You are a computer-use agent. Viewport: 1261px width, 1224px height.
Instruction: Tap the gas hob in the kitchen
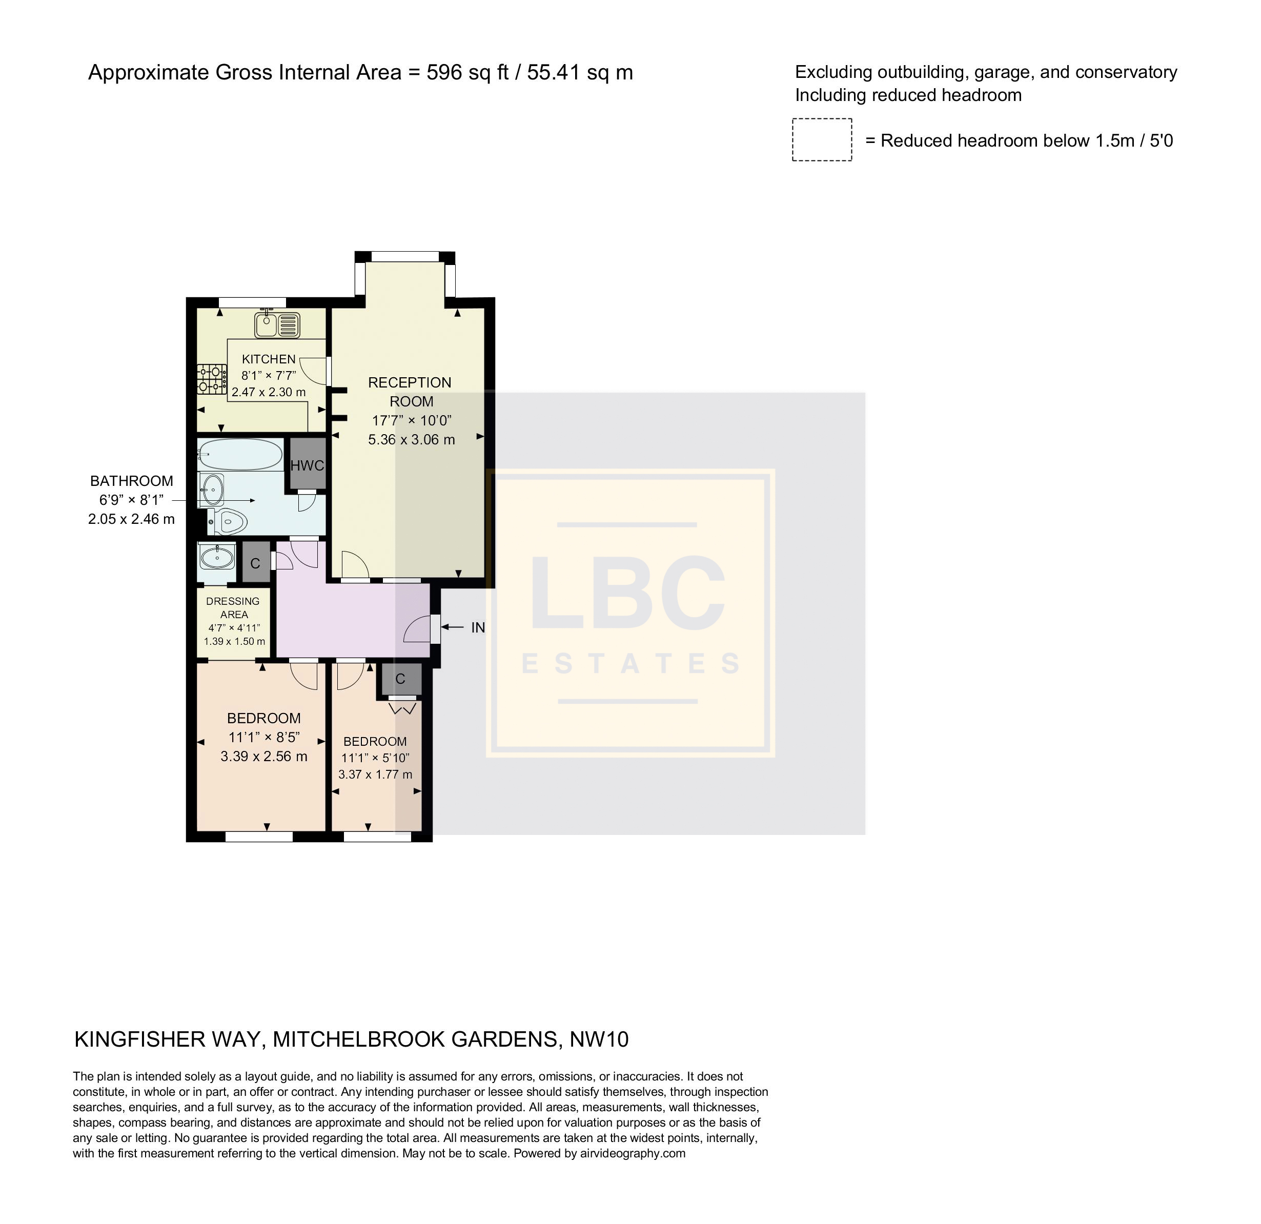[212, 379]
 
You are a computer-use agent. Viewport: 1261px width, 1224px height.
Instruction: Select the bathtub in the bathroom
[240, 454]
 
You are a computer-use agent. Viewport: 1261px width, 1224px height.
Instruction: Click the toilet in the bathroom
[228, 521]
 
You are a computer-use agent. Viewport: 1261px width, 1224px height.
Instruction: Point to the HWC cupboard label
[307, 465]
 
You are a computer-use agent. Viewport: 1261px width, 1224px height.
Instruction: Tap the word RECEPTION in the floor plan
[410, 383]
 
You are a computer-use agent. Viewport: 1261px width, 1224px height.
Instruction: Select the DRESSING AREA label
[233, 608]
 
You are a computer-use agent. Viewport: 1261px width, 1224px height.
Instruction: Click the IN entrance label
[478, 628]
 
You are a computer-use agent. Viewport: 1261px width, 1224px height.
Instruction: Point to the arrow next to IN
[453, 627]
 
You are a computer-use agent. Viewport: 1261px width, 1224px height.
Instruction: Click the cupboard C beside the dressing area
[255, 563]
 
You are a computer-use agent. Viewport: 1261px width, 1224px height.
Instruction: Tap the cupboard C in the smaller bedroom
[400, 679]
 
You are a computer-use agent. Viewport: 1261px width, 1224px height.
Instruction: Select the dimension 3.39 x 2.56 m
[264, 757]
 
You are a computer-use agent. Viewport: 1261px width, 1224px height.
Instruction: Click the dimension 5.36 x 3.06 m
[412, 440]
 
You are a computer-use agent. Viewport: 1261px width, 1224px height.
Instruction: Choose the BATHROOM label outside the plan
[131, 481]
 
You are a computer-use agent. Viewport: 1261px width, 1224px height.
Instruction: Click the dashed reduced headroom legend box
[822, 139]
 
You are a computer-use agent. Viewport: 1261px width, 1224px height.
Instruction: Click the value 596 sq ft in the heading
[467, 73]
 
